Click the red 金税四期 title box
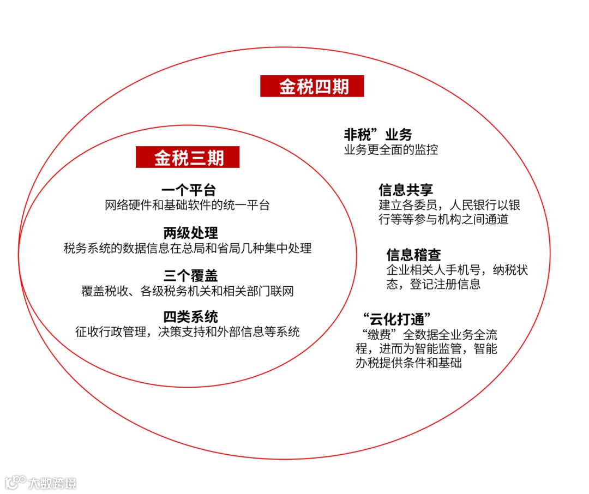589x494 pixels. point(312,86)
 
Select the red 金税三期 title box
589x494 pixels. point(188,158)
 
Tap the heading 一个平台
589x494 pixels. point(189,190)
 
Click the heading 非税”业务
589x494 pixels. point(377,135)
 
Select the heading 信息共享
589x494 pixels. point(406,190)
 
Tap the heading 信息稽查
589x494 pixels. point(413,255)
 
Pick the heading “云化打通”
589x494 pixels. point(396,319)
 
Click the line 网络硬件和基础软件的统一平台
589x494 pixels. point(187,206)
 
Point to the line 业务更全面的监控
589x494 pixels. point(390,149)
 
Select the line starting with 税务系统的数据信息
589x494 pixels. point(188,248)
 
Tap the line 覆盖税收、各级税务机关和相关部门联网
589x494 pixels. point(188,291)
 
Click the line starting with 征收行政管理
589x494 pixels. point(188,332)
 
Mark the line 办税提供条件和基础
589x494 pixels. point(408,363)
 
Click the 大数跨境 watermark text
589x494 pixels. point(53,483)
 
